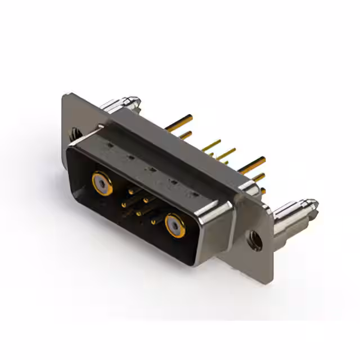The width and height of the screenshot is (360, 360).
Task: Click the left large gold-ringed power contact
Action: pyautogui.click(x=101, y=182)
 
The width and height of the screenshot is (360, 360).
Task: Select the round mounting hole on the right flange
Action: pyautogui.click(x=255, y=240)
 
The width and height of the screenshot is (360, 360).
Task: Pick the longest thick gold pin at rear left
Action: pyautogui.click(x=179, y=123)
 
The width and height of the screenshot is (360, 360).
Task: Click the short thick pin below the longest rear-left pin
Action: pyautogui.click(x=185, y=135)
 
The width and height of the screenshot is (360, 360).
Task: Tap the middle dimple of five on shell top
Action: pyautogui.click(x=151, y=169)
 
